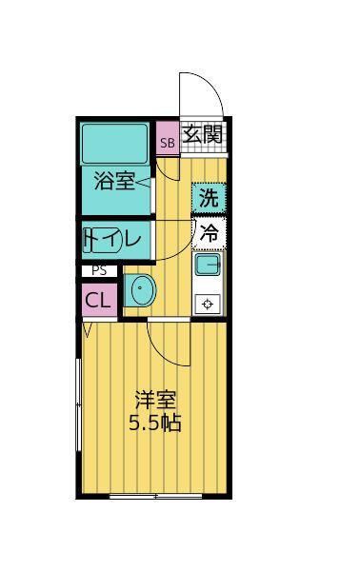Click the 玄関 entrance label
pos(204,135)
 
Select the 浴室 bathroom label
pos(114,180)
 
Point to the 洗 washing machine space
pos(210,198)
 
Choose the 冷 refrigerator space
pos(210,232)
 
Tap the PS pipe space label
pos(98,271)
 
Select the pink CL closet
pos(98,301)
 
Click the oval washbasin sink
pos(141,291)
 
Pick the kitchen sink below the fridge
pos(209,265)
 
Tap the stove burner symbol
pos(209,304)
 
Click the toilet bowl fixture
pos(92,240)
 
